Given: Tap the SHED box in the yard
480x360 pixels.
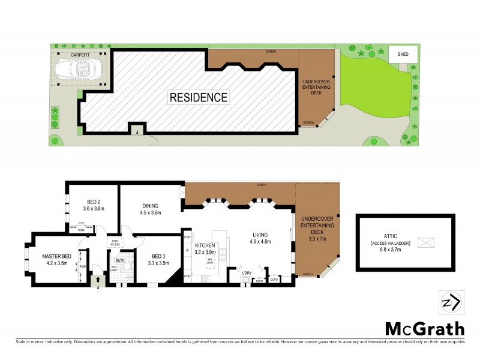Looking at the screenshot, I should [x=402, y=54].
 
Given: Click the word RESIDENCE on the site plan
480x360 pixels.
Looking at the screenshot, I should [x=198, y=97].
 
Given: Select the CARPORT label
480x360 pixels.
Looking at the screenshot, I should [x=80, y=55].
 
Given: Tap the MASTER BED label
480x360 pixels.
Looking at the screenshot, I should [x=57, y=257].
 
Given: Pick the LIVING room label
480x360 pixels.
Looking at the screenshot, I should [x=260, y=235].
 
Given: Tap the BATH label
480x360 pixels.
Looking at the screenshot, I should [x=120, y=260].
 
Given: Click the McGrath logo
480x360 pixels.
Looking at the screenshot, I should [x=424, y=328].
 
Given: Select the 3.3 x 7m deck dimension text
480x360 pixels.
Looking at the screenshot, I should [x=316, y=238].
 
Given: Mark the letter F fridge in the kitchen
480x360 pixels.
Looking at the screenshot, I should [x=188, y=250].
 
